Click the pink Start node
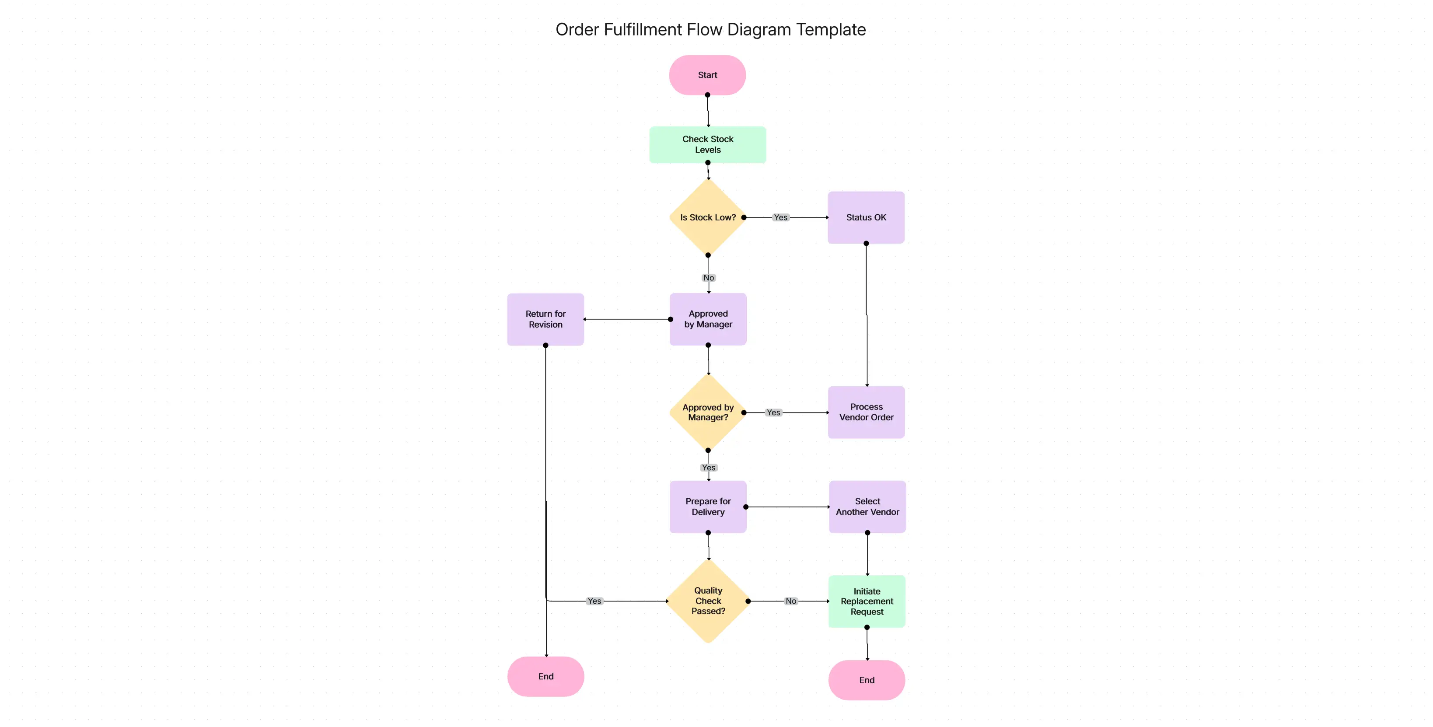click(707, 75)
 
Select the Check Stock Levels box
click(708, 145)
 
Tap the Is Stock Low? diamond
click(708, 217)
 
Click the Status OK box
click(866, 217)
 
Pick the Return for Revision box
click(545, 319)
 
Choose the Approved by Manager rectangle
click(708, 319)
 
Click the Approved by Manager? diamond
click(708, 412)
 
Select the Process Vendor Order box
click(866, 412)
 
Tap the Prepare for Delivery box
click(708, 507)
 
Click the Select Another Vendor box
click(867, 507)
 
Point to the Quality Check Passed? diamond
click(708, 601)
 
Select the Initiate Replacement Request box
click(867, 601)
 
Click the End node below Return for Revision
click(545, 676)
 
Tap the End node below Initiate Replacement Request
click(866, 680)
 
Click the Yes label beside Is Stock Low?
click(780, 217)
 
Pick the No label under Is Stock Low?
click(708, 278)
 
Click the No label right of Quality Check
click(790, 601)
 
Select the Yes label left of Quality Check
click(594, 601)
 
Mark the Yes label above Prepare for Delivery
click(708, 468)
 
